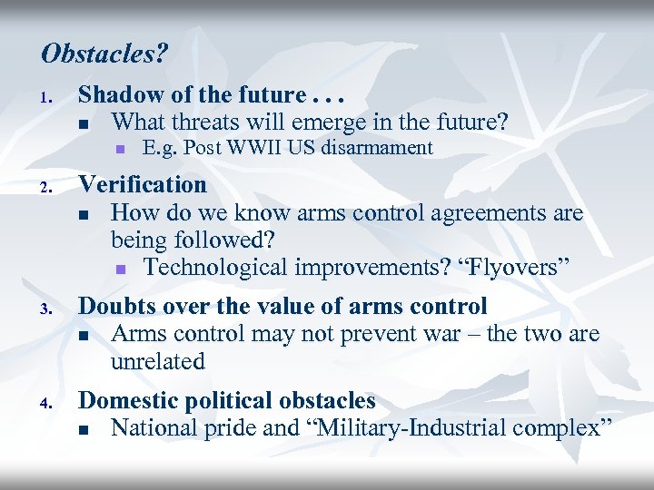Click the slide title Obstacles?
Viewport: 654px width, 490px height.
[x=104, y=54]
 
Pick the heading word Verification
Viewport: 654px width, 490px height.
[x=143, y=185]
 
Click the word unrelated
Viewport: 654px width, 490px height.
[x=158, y=361]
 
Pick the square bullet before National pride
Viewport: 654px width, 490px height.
[x=84, y=429]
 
